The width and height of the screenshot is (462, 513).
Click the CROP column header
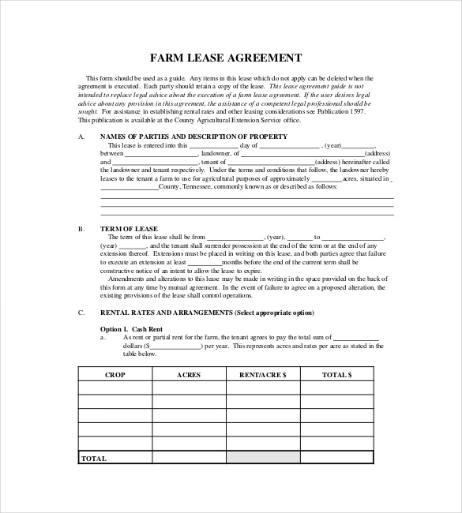click(x=115, y=373)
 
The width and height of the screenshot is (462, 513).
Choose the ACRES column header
click(x=189, y=373)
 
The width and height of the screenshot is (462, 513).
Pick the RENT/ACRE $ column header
click(x=263, y=373)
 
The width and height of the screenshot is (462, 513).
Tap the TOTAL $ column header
click(x=337, y=373)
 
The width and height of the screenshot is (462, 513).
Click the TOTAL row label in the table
click(x=94, y=458)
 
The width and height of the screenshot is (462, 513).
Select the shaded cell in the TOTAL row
click(x=263, y=458)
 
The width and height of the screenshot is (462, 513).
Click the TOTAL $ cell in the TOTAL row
click(x=337, y=458)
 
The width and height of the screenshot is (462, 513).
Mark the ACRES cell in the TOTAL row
click(x=189, y=458)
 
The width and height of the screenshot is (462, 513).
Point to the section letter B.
click(x=81, y=229)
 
